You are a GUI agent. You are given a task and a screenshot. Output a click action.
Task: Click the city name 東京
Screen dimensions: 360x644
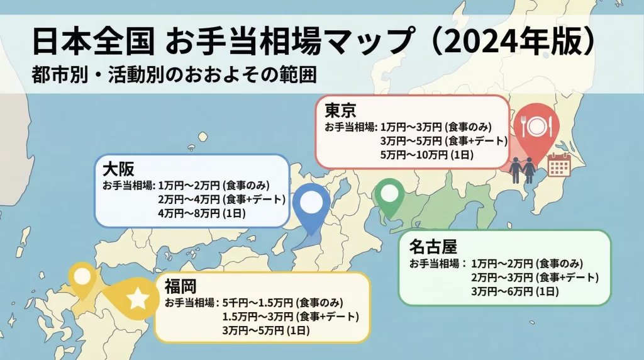[341, 111]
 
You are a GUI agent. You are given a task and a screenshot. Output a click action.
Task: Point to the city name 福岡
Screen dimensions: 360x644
[180, 288]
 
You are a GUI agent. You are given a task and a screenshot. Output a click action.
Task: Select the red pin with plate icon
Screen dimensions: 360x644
[536, 126]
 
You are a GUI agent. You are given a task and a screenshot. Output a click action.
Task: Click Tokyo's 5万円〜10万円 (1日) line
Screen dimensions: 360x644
[426, 154]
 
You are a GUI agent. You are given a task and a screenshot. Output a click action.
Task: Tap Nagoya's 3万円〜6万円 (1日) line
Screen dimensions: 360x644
[515, 291]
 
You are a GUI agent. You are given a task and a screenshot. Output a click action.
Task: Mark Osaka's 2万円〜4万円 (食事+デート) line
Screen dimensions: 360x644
[222, 200]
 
